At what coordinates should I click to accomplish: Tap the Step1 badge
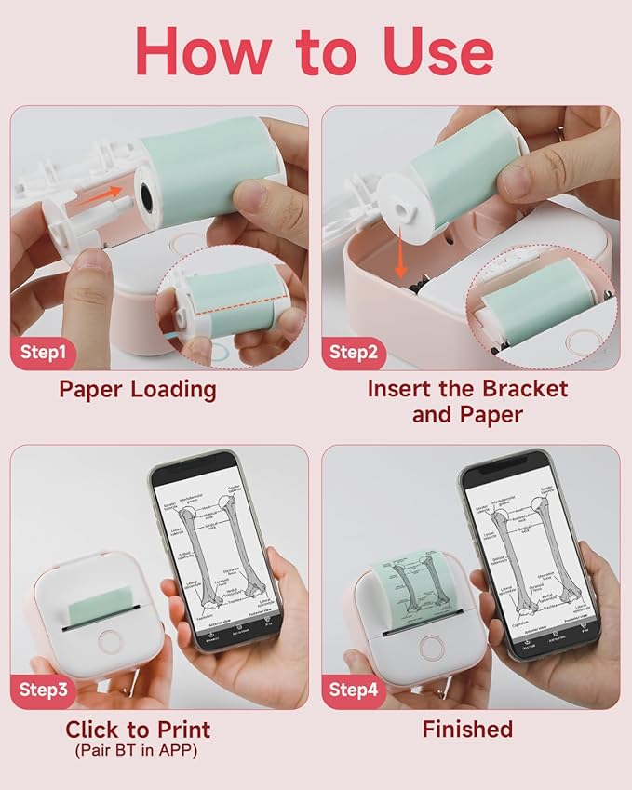pyautogui.click(x=45, y=352)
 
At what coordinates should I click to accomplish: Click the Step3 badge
pyautogui.click(x=45, y=690)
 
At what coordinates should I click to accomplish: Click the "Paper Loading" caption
pyautogui.click(x=138, y=388)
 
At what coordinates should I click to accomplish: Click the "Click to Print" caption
pyautogui.click(x=138, y=729)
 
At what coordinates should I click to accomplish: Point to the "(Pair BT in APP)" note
pyautogui.click(x=138, y=749)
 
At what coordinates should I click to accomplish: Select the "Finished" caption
pyautogui.click(x=467, y=729)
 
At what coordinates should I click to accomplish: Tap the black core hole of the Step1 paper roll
pyautogui.click(x=149, y=194)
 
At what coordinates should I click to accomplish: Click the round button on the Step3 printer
pyautogui.click(x=111, y=641)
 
